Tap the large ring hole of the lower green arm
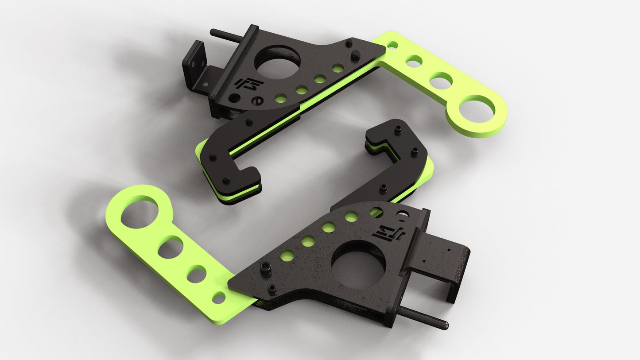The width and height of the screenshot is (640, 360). coord(139,214)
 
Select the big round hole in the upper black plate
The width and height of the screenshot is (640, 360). coord(277,62)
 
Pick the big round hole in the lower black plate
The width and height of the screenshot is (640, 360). coord(358,264)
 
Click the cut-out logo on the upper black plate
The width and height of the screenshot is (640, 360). coord(248,84)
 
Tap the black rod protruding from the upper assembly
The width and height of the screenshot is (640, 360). coord(225,35)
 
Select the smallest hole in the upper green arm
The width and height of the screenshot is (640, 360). coord(392,45)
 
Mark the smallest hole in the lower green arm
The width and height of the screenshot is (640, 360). coord(218,298)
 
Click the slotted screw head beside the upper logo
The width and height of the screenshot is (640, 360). coord(256,101)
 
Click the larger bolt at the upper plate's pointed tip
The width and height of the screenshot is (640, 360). coord(355,56)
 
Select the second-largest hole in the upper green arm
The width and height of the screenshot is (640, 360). coord(441,81)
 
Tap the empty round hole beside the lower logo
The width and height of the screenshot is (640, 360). coord(403,216)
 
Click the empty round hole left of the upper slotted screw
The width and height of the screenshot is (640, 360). coord(234,98)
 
